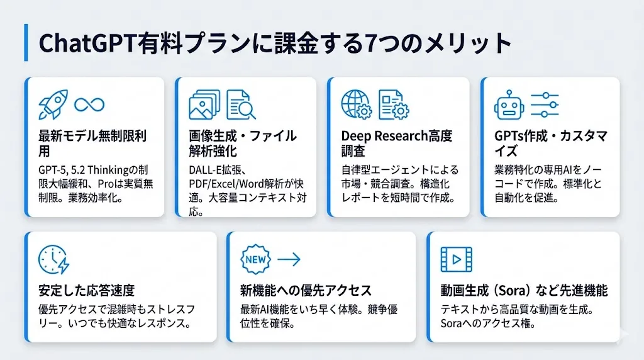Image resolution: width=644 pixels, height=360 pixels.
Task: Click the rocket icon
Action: point(53,104)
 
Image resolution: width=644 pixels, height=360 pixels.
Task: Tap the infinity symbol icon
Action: point(89,105)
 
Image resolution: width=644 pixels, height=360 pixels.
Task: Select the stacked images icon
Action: point(204,105)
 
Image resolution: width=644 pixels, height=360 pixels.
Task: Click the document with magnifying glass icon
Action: point(241,105)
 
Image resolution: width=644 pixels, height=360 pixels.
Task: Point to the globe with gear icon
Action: point(357,105)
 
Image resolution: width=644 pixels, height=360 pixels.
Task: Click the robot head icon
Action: point(509,105)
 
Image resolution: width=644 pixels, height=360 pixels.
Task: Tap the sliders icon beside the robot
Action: point(545,105)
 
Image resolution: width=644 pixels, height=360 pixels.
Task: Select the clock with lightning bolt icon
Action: point(54,260)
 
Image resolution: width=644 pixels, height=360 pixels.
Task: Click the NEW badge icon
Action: point(255,260)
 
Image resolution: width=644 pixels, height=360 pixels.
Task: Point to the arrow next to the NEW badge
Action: point(289,259)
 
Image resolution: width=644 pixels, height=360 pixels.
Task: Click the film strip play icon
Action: point(457,260)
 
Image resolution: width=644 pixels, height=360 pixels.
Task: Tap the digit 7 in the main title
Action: point(370,43)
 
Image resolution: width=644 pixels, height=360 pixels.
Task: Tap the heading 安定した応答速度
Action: point(87,291)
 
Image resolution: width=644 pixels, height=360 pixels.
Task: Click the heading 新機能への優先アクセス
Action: point(306,291)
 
